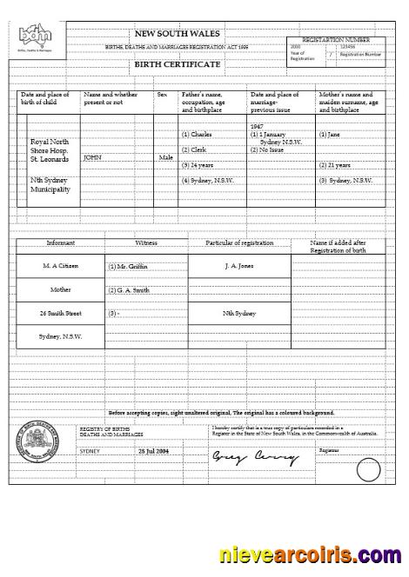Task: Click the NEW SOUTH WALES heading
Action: [178, 32]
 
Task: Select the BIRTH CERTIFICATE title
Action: [177, 64]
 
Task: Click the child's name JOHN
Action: [92, 158]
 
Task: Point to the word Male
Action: [166, 158]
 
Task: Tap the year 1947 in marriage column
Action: [257, 126]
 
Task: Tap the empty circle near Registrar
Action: [369, 470]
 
